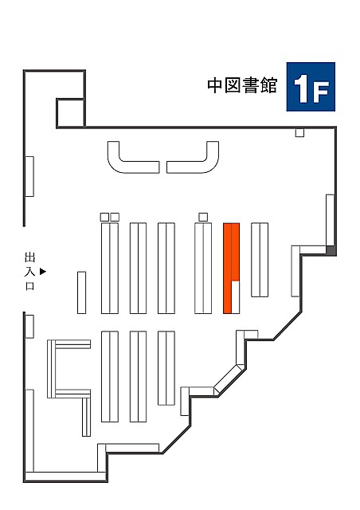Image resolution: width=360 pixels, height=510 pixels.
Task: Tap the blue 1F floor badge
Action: pos(311,87)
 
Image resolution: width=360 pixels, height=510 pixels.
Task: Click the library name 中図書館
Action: pos(242,85)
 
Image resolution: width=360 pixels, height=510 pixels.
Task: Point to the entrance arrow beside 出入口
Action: pos(43,271)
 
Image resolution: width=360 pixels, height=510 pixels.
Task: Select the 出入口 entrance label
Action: pos(30,271)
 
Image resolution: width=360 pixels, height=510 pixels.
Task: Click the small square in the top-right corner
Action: pos(299,133)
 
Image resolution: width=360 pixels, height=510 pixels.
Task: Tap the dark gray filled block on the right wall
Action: pos(331,250)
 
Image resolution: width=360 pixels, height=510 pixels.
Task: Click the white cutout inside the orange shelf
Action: pos(236,297)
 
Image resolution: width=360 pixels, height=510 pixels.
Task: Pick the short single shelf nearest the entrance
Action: pos(81,292)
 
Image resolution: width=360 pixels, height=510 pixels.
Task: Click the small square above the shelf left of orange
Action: pos(203,217)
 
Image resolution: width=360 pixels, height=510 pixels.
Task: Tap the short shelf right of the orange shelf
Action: pos(260,260)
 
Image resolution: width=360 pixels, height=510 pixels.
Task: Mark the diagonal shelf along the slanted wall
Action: pos(229,379)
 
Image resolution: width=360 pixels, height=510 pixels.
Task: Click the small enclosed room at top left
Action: pos(71,112)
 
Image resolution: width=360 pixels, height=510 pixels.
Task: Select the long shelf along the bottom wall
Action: pos(65,477)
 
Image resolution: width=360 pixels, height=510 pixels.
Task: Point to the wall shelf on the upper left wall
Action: pos(29,176)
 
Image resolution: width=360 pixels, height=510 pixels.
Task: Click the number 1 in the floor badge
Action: pos(302,88)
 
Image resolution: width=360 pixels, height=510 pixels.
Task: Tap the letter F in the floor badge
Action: pos(320,92)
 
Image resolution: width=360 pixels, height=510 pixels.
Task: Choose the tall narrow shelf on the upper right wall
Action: pos(330,220)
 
